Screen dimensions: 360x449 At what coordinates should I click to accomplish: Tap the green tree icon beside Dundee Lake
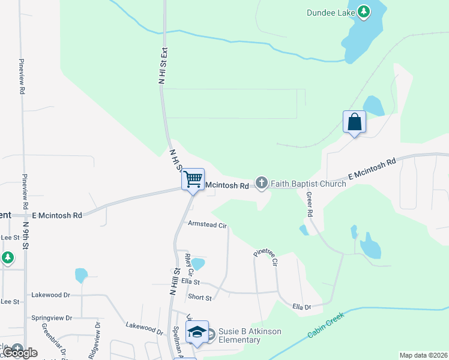pyautogui.click(x=363, y=11)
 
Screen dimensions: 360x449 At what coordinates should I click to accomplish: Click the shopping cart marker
pyautogui.click(x=193, y=179)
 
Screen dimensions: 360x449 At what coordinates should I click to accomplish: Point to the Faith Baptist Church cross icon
pyautogui.click(x=261, y=183)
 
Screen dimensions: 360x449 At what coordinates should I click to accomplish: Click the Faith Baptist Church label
pyautogui.click(x=308, y=184)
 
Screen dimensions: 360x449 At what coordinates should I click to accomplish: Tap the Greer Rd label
pyautogui.click(x=310, y=204)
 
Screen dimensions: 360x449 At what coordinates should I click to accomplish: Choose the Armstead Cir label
pyautogui.click(x=207, y=226)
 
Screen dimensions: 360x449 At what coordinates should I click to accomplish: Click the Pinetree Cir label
pyautogui.click(x=265, y=257)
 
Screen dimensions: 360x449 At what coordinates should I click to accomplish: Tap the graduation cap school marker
pyautogui.click(x=197, y=332)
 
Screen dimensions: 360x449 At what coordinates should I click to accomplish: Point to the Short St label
pyautogui.click(x=200, y=298)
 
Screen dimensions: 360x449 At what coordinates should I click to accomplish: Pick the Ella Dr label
pyautogui.click(x=301, y=307)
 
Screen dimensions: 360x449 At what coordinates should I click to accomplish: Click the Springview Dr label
pyautogui.click(x=52, y=317)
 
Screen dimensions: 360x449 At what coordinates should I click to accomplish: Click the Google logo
pyautogui.click(x=20, y=352)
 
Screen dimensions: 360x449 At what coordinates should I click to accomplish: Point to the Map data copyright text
pyautogui.click(x=423, y=355)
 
